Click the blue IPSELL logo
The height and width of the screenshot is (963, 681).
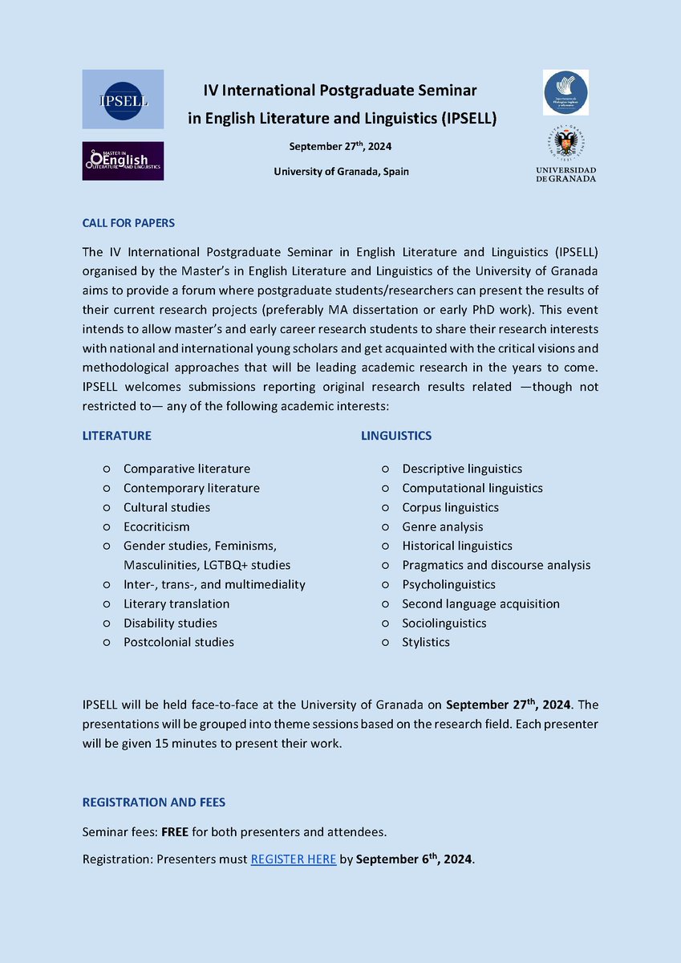click(x=123, y=99)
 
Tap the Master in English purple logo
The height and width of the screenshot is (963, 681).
click(x=123, y=160)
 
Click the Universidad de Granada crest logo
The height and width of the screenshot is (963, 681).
click(x=565, y=154)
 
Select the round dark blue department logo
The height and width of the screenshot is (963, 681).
click(x=565, y=92)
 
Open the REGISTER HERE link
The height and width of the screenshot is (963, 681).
click(x=294, y=859)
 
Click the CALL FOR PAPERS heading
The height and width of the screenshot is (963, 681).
click(x=128, y=222)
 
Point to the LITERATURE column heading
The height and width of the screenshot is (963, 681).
click(x=117, y=436)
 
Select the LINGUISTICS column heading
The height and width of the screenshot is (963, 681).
click(x=396, y=436)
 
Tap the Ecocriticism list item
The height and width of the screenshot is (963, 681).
click(x=156, y=526)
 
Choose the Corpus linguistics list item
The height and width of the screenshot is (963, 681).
click(x=450, y=507)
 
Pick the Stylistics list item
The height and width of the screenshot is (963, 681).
click(x=426, y=642)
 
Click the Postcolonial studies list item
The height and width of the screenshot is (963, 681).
click(x=179, y=642)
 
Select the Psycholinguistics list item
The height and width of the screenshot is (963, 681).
click(x=448, y=584)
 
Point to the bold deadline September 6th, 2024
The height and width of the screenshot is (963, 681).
click(x=414, y=859)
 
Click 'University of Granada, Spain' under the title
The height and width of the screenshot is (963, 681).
click(x=341, y=172)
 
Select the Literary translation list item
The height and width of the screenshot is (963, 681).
click(x=176, y=603)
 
